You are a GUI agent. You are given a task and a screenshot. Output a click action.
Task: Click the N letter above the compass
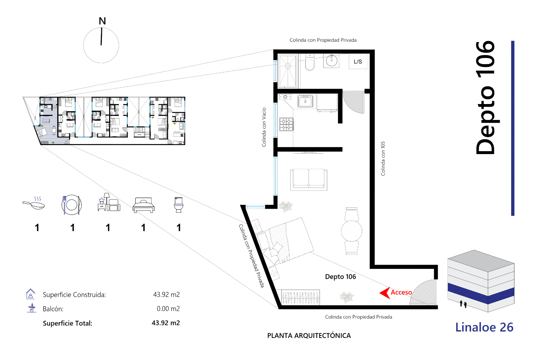click(x=102, y=21)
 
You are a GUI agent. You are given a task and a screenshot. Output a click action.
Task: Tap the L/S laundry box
click(x=358, y=62)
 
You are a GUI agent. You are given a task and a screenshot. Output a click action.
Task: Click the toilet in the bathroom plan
click(x=310, y=62)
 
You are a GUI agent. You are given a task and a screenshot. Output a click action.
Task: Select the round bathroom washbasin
click(x=332, y=60)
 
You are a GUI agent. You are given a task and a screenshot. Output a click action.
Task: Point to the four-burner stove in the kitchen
click(x=287, y=124)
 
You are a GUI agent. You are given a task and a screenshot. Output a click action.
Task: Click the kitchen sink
click(x=305, y=101)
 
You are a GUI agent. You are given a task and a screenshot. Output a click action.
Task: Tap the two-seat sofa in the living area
click(x=309, y=180)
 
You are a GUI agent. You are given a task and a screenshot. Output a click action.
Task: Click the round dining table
click(x=351, y=231)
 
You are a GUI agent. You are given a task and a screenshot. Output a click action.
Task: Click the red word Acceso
click(x=401, y=292)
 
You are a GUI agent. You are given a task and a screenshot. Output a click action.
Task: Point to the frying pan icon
click(x=34, y=203)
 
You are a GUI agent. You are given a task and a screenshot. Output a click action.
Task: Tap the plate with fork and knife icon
click(x=71, y=205)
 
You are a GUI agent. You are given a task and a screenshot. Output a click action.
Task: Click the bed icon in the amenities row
click(x=143, y=205)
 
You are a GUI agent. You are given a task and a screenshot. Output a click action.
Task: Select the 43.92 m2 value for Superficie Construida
click(x=166, y=294)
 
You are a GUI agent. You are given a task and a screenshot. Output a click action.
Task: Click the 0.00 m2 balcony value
click(x=168, y=309)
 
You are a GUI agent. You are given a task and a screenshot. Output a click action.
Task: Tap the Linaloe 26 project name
click(x=484, y=327)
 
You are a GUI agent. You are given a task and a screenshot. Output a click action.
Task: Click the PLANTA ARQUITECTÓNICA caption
click(x=309, y=336)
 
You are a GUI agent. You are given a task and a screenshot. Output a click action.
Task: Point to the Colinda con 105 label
click(x=383, y=158)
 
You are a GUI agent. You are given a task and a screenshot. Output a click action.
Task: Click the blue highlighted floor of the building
click(x=481, y=293)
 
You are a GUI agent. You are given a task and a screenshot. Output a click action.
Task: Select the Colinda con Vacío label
click(x=264, y=127)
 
